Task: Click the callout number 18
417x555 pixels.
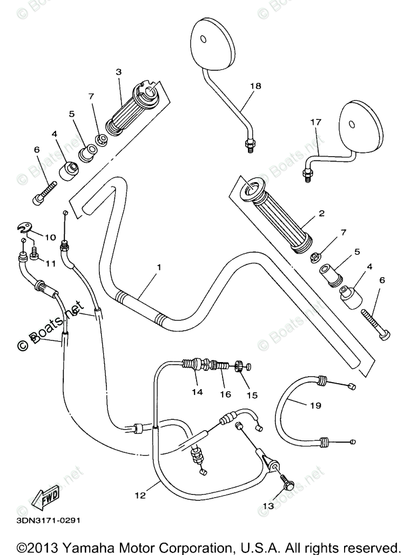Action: (x=255, y=86)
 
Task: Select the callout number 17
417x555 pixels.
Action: (x=315, y=123)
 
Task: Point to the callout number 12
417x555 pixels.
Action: (x=140, y=495)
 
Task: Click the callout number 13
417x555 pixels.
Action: (x=268, y=506)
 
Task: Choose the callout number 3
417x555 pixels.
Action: (x=118, y=71)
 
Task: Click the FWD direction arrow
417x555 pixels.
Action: (x=45, y=494)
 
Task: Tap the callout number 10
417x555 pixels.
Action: (x=50, y=237)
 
